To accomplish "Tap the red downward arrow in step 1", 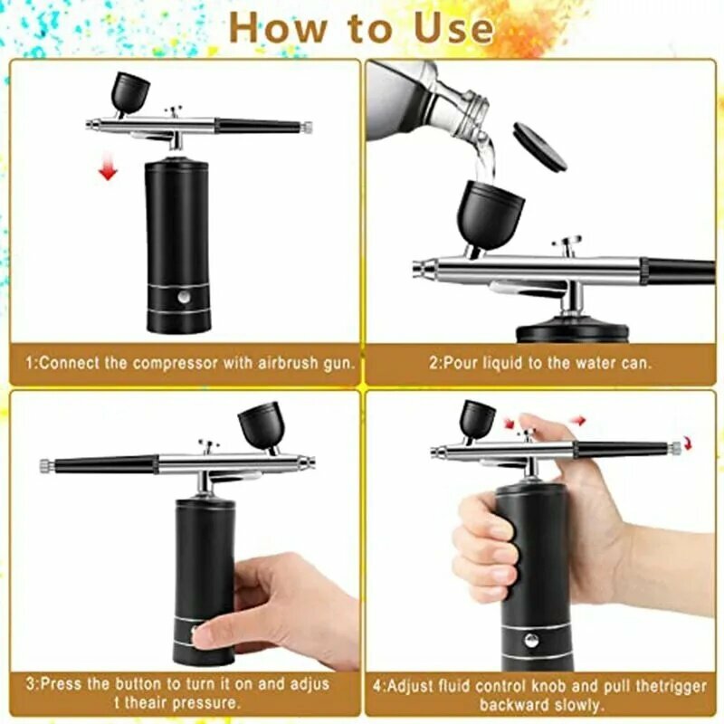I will [x=109, y=167].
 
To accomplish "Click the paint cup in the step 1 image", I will [x=129, y=92].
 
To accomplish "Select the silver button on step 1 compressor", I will [x=184, y=297].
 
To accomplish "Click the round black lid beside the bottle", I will [x=539, y=147].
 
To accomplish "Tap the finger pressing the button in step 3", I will [x=210, y=633].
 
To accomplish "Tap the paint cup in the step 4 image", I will [x=477, y=420].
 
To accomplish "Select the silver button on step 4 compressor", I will [x=531, y=640].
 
